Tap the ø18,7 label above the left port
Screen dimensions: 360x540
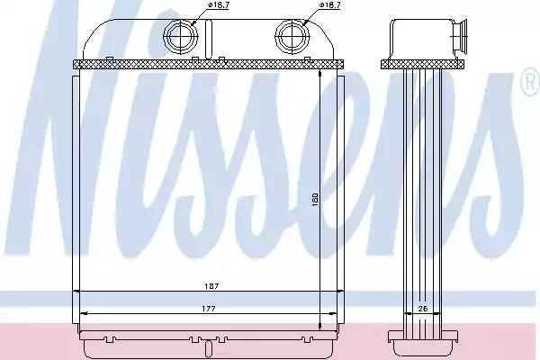(x=218, y=8)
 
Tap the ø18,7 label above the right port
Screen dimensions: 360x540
(x=330, y=8)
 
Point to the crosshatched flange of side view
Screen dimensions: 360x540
(x=424, y=65)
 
